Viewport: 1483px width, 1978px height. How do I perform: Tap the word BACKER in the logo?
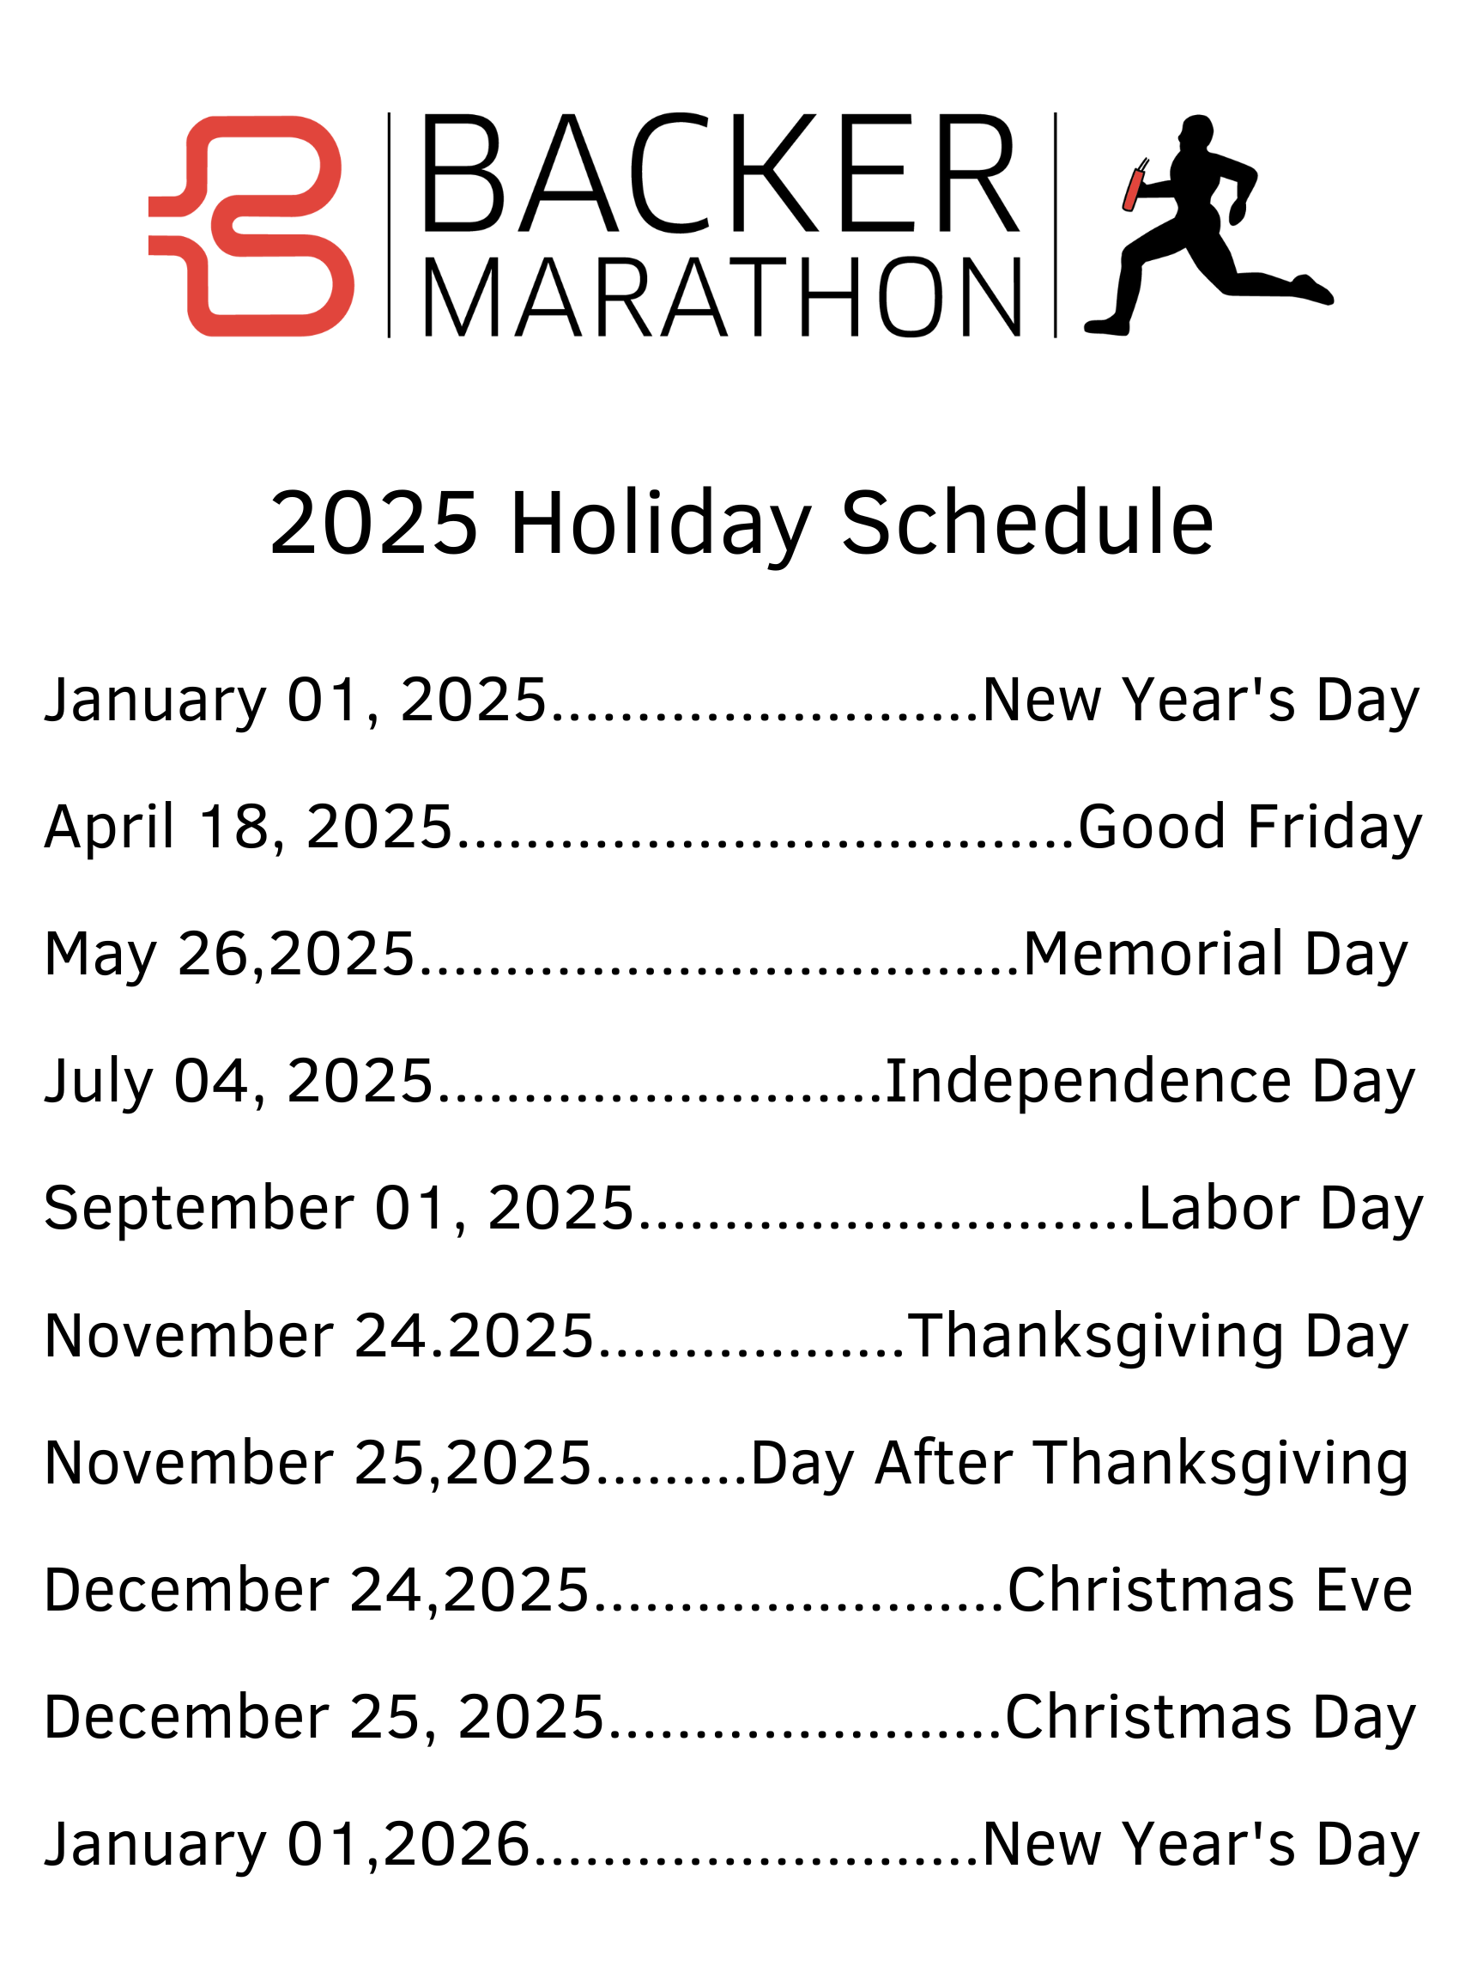(721, 173)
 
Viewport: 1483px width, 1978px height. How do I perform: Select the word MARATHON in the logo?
(722, 298)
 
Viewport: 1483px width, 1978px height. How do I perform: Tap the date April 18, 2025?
(249, 827)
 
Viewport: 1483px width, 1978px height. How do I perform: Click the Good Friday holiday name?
(1250, 827)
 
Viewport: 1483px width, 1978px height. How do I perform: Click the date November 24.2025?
(319, 1336)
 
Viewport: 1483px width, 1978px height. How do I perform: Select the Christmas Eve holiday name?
(1210, 1591)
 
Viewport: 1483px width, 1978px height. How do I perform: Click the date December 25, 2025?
(324, 1719)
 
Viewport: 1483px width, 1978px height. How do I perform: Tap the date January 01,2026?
(287, 1846)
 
